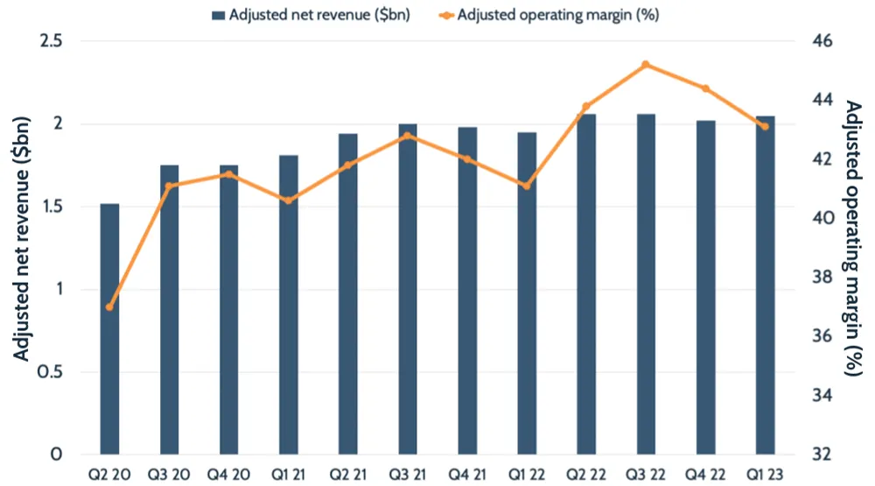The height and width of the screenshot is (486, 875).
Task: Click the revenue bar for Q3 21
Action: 408,289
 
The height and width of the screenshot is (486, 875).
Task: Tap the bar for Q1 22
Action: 527,293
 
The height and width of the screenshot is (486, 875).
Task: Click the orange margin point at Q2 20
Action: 109,307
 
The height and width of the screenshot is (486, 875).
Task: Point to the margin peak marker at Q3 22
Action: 646,64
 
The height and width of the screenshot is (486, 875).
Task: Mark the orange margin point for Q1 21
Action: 289,201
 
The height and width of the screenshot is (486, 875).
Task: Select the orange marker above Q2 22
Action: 586,106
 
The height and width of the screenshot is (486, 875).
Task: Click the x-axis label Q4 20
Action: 229,474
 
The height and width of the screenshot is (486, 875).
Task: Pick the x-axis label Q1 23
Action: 765,474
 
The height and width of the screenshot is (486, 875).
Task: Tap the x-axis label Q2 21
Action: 348,474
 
